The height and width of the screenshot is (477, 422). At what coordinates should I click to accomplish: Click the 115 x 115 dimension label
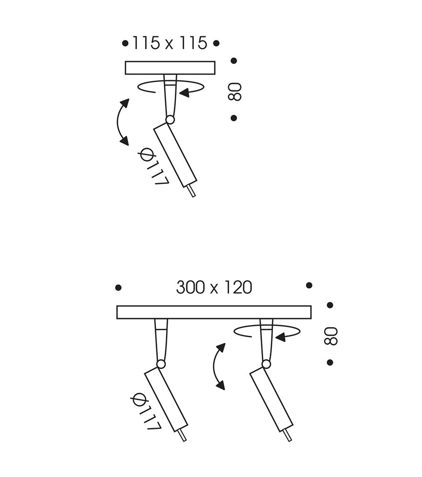click(x=170, y=43)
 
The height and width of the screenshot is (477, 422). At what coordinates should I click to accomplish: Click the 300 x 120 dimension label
click(x=214, y=287)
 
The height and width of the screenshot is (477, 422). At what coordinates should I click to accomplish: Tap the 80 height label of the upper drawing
click(x=235, y=92)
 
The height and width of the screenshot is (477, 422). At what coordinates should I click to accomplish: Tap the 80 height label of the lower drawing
click(x=331, y=336)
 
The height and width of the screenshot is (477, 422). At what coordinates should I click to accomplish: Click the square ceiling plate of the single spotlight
click(x=170, y=68)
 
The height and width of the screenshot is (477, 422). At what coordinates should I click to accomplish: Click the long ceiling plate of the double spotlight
click(x=214, y=312)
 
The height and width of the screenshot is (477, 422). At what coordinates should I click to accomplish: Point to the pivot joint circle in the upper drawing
click(x=170, y=120)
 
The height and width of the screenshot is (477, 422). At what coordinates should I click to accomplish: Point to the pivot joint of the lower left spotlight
click(x=161, y=364)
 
